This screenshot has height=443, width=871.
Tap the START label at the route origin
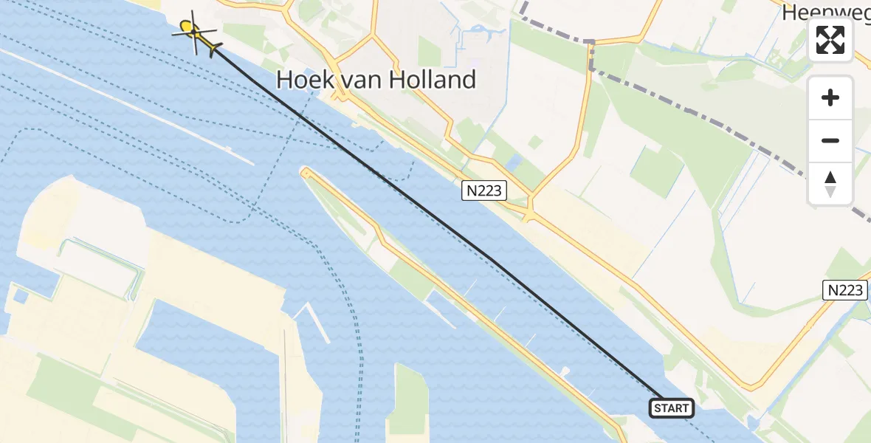(671, 408)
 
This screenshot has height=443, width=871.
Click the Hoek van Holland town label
(376, 80)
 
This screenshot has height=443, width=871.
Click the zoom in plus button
(830, 97)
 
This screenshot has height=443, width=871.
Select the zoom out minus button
(830, 140)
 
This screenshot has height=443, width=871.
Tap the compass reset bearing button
(830, 184)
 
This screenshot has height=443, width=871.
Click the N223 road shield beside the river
(484, 190)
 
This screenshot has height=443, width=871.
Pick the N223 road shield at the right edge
(844, 290)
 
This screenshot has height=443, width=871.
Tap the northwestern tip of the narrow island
(305, 172)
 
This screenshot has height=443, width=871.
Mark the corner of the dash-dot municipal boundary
(591, 42)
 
